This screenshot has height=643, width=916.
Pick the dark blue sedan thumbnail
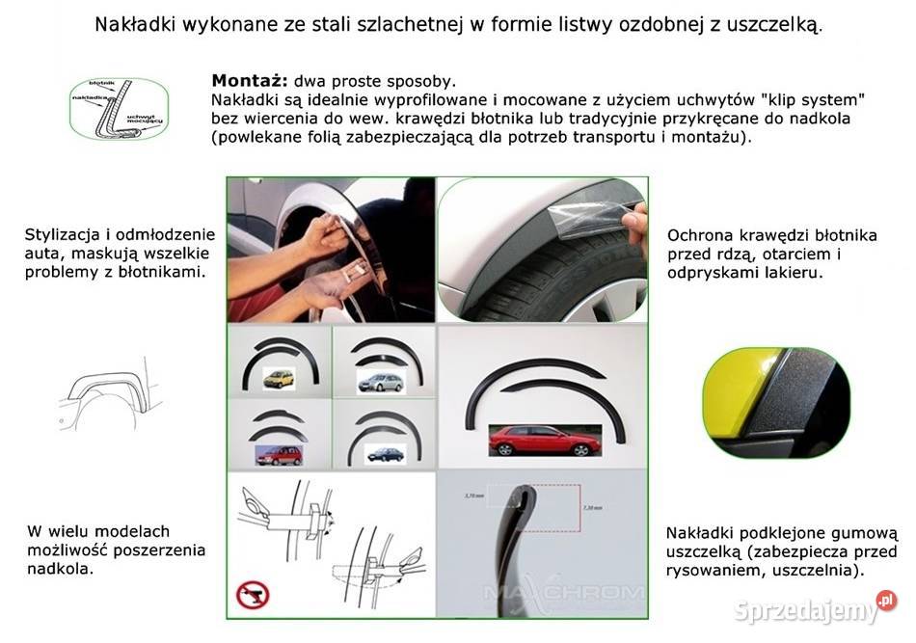point(386,453)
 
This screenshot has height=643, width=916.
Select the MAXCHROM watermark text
point(564,591)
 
